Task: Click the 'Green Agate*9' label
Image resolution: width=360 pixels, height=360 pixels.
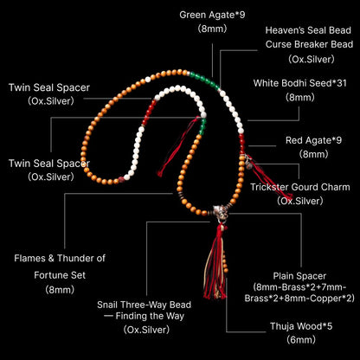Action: (x=212, y=15)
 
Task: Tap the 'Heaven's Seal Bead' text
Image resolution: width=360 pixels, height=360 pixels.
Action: (x=308, y=30)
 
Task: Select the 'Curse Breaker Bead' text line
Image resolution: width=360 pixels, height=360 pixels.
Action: (x=309, y=44)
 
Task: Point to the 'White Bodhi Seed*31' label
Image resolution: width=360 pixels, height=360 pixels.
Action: (x=300, y=83)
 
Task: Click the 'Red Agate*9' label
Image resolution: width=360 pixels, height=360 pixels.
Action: (x=313, y=140)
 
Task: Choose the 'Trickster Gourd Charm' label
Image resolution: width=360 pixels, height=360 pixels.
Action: (x=300, y=187)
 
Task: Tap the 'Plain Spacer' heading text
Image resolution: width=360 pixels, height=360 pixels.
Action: (x=299, y=276)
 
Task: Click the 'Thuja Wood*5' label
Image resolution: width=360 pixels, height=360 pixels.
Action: (x=301, y=326)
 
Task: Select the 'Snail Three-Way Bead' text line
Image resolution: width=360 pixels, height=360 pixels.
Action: (x=144, y=305)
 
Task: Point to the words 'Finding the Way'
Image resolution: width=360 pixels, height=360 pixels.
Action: (x=150, y=316)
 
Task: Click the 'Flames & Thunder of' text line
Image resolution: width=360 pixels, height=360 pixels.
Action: (x=60, y=258)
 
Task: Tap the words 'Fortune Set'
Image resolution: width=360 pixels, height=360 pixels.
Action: (x=60, y=275)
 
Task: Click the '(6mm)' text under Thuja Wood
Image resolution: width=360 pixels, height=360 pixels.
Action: (x=301, y=340)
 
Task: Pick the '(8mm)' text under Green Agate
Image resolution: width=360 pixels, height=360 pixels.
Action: (x=212, y=29)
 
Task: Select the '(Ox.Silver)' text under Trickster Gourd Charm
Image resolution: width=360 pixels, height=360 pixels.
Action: (x=300, y=201)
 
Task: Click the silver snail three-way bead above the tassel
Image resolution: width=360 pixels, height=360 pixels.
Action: (x=221, y=213)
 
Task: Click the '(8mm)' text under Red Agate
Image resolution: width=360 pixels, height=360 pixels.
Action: (x=313, y=154)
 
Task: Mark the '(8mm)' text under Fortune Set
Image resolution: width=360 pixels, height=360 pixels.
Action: (x=60, y=289)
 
